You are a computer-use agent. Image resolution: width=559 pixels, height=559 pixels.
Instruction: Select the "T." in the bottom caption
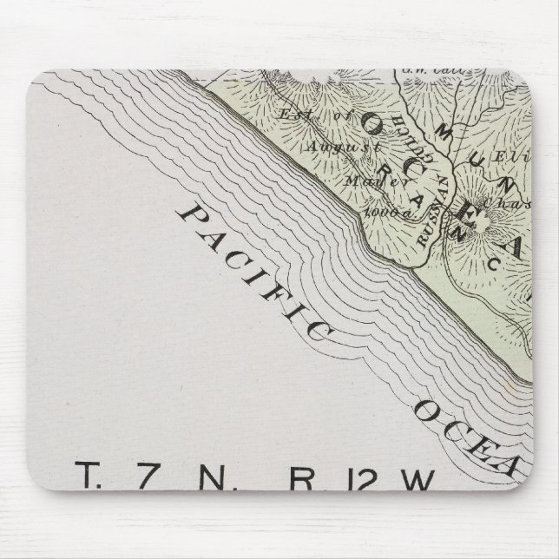pyautogui.click(x=90, y=477)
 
